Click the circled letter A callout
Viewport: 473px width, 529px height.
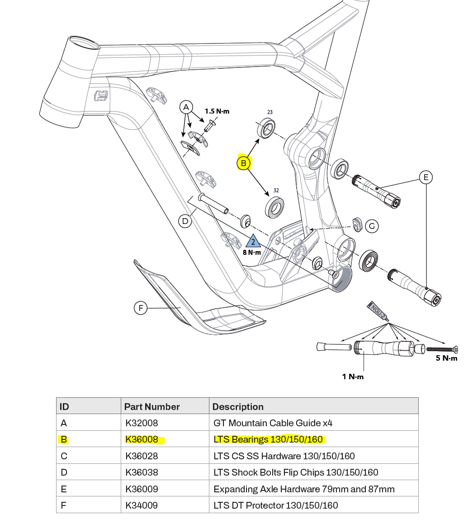tap(185, 107)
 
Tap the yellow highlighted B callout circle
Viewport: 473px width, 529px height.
tap(244, 163)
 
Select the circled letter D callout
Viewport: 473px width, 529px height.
tap(185, 222)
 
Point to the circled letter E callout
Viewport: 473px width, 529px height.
tap(426, 177)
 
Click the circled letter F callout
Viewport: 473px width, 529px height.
tap(141, 308)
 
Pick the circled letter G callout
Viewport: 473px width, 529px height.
tap(372, 226)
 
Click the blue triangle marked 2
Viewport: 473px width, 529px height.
tap(253, 241)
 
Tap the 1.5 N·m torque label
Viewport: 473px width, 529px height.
tap(217, 111)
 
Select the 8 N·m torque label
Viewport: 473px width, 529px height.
tap(252, 253)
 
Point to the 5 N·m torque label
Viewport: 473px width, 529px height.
tap(446, 358)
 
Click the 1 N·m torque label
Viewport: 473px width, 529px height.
tap(353, 376)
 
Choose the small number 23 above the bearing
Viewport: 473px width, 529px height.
tap(270, 112)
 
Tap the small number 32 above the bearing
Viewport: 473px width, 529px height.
tap(276, 191)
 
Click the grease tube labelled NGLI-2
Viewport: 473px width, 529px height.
tap(378, 311)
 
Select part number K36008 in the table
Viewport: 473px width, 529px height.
tap(142, 439)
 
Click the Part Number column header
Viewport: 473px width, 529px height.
tap(152, 406)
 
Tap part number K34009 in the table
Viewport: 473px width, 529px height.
tap(142, 505)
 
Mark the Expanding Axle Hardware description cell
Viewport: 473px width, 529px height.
tap(304, 489)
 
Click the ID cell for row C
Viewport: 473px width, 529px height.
tap(64, 456)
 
